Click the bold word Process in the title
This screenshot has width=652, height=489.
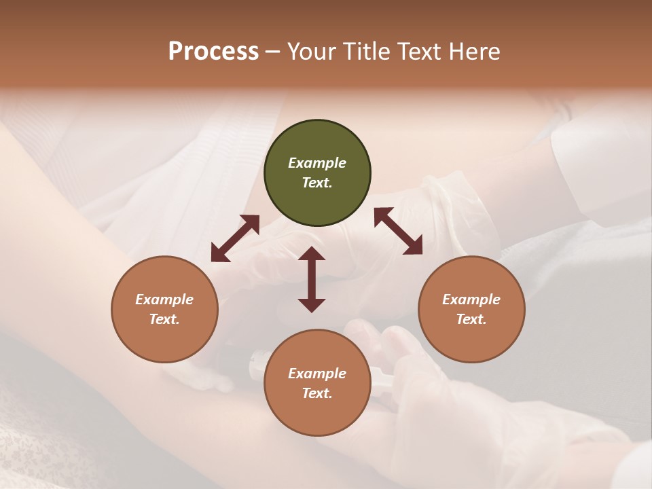coord(213,52)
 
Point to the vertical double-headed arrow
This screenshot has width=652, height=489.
coord(312,279)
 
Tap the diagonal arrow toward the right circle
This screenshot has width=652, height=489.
coord(398,231)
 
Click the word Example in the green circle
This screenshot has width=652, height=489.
coord(317,163)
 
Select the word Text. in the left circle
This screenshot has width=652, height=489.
coord(164,319)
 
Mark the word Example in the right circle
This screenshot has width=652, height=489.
coord(471,300)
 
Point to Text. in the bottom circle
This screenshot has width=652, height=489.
coord(317,393)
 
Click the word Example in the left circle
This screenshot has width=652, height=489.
coord(164,300)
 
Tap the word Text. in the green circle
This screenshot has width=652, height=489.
coord(317,183)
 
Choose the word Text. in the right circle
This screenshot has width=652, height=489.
coord(471,319)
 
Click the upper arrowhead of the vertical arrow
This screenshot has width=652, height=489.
coord(312,255)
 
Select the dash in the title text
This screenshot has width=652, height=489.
coord(272,52)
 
